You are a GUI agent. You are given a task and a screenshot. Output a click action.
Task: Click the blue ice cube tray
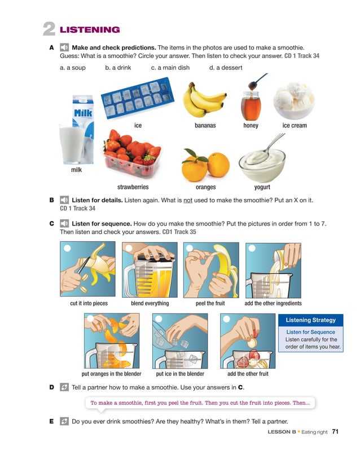tap(138, 98)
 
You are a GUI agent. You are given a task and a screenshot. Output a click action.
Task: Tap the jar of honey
tap(251, 106)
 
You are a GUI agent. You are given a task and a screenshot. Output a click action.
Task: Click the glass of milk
tap(72, 144)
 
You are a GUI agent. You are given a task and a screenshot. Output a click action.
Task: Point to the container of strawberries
tap(133, 153)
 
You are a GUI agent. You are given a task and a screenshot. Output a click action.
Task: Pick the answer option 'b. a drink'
tap(118, 68)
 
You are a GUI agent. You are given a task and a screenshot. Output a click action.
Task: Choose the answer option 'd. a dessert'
tap(226, 68)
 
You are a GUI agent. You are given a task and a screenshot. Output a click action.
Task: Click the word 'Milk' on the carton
tap(83, 113)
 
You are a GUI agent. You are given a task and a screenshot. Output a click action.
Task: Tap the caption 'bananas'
tap(205, 126)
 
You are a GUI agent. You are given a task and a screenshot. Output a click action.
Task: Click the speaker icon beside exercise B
tap(64, 200)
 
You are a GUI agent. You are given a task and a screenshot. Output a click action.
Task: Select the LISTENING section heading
tap(90, 30)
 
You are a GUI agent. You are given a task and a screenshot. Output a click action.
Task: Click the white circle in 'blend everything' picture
tap(129, 248)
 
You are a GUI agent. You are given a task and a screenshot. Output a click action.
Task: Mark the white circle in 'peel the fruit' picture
tap(190, 248)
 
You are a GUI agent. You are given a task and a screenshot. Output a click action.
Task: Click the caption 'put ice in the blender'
tap(180, 374)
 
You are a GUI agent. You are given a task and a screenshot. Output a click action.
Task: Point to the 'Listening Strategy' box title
tap(311, 320)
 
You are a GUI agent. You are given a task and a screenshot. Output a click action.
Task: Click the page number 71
tap(335, 432)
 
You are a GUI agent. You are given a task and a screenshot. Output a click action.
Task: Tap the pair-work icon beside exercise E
tap(64, 421)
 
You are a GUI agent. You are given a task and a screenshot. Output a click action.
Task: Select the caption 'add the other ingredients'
tap(273, 303)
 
